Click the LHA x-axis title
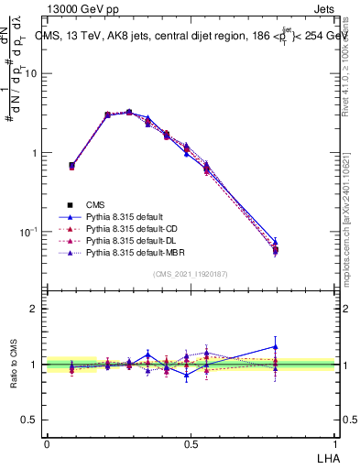325,458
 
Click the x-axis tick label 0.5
191,443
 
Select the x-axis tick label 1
334,443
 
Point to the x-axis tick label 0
47,443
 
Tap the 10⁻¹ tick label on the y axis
29,232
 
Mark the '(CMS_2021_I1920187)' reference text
191,273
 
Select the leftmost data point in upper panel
72,166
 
